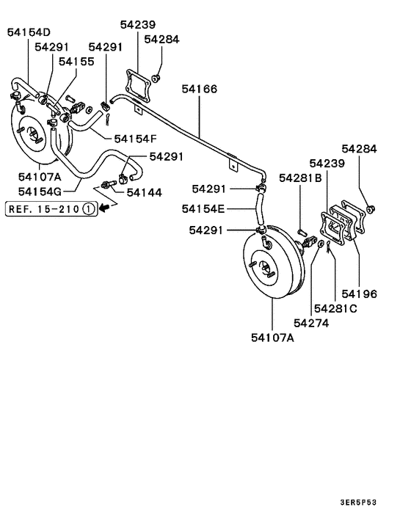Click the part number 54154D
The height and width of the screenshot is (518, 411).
(29, 32)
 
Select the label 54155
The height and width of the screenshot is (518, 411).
(77, 62)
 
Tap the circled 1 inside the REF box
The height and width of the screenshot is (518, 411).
(87, 208)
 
